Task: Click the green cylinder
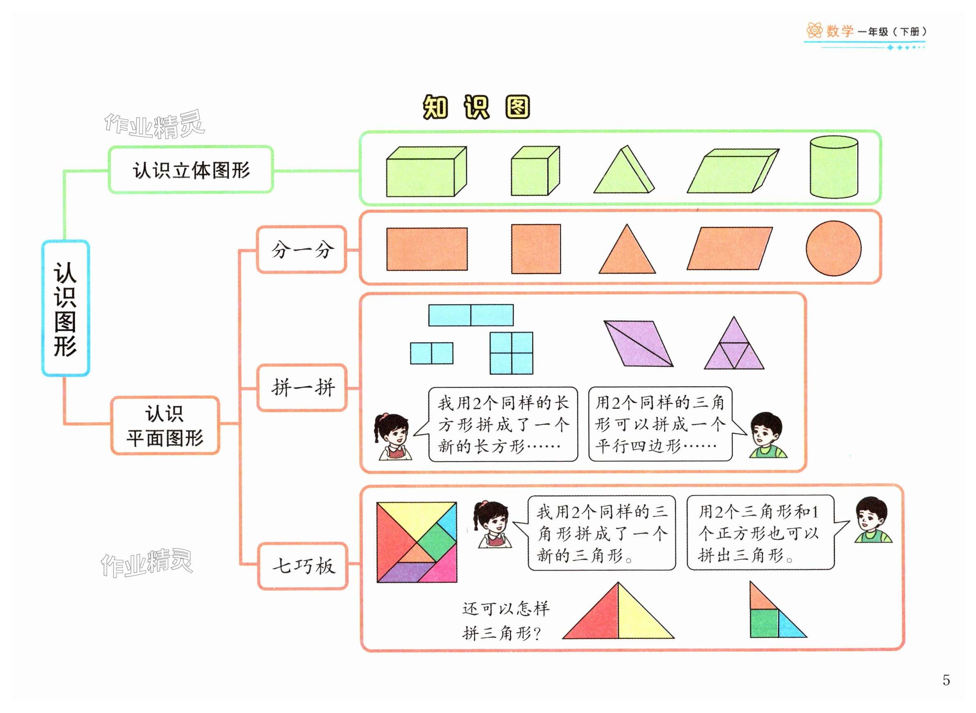833,167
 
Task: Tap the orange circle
833,248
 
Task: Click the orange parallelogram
729,248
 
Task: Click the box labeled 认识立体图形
190,169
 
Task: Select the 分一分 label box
301,249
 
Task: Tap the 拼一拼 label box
302,387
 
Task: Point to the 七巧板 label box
303,566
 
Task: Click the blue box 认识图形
66,308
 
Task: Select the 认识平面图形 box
165,426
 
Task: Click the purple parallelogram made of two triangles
638,343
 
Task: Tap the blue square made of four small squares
511,353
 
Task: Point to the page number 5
946,680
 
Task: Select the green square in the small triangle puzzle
763,623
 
